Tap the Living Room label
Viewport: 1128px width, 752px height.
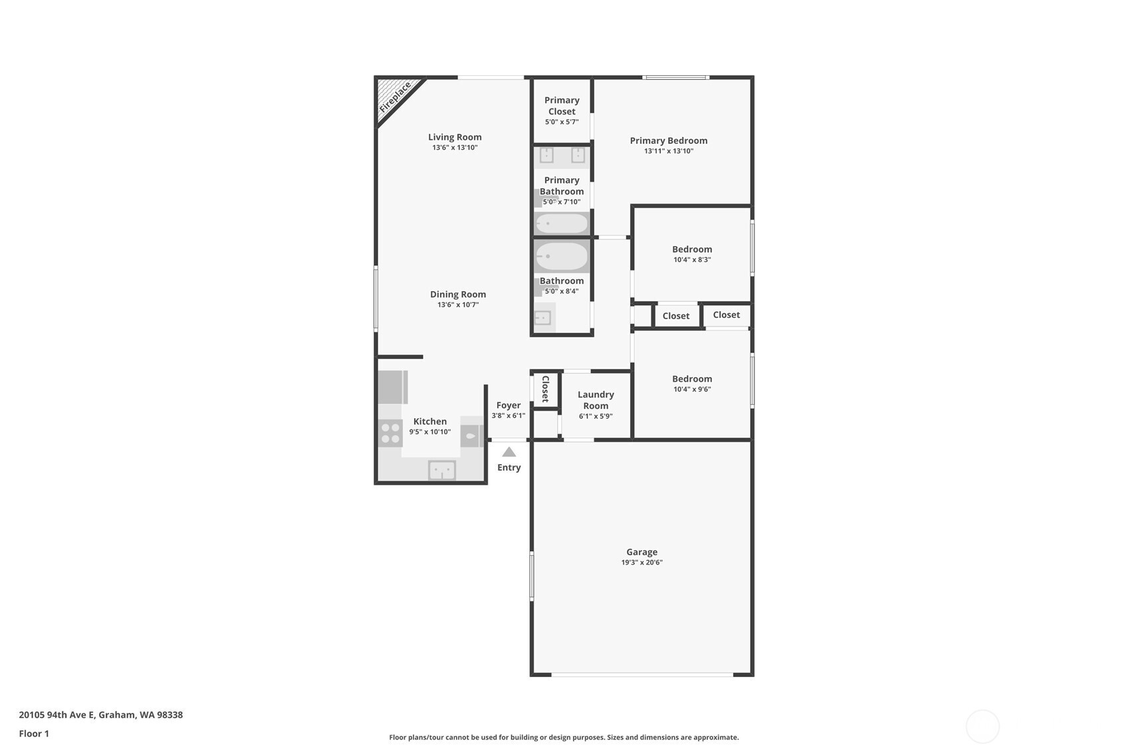tap(455, 137)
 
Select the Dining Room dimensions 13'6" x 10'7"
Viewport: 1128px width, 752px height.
tap(458, 305)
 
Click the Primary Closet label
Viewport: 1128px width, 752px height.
tap(562, 106)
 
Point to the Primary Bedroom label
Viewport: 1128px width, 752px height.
tap(669, 140)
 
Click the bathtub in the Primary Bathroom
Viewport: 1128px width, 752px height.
tap(562, 223)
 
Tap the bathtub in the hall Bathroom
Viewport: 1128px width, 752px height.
tap(562, 256)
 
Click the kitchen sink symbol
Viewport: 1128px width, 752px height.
tap(442, 471)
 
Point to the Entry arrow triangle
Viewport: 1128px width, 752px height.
tap(509, 452)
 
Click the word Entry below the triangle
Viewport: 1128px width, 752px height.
tap(509, 467)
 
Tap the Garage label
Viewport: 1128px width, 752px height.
tap(642, 552)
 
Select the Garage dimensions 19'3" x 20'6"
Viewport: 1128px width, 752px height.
tap(642, 563)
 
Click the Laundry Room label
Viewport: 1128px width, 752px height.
tap(596, 400)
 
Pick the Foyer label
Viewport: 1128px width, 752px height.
tap(508, 405)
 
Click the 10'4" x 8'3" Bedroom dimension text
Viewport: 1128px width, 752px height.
tap(693, 260)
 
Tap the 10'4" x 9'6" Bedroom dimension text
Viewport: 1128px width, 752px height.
tap(693, 390)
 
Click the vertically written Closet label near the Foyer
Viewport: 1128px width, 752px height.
tap(545, 389)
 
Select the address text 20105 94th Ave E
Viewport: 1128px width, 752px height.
tap(57, 715)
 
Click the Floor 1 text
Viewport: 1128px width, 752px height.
tap(35, 733)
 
